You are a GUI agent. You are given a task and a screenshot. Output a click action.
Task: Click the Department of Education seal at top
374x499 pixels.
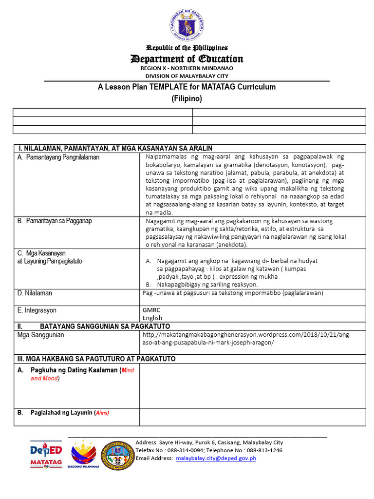click(187, 25)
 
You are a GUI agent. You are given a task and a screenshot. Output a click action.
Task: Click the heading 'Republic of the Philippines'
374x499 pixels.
click(187, 48)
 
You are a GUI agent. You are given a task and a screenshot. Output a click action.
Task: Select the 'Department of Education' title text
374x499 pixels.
click(187, 59)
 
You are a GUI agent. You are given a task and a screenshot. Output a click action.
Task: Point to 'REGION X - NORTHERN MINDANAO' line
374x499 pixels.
click(187, 69)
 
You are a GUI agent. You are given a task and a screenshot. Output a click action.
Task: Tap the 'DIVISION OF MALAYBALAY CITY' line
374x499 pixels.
click(187, 76)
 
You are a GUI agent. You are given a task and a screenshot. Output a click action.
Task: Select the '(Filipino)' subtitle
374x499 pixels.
click(187, 98)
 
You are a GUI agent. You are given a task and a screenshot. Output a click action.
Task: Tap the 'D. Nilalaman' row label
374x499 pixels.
click(35, 293)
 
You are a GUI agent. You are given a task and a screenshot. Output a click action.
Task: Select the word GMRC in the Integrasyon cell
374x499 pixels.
click(151, 310)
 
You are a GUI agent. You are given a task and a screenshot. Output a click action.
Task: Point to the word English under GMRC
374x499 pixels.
click(152, 318)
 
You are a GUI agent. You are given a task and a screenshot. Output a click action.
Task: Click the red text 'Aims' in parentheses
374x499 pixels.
click(102, 413)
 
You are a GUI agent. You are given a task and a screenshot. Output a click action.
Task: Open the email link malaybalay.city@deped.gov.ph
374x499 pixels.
click(216, 458)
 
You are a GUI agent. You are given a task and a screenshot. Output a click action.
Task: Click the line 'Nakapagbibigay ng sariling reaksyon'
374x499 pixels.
click(207, 285)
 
